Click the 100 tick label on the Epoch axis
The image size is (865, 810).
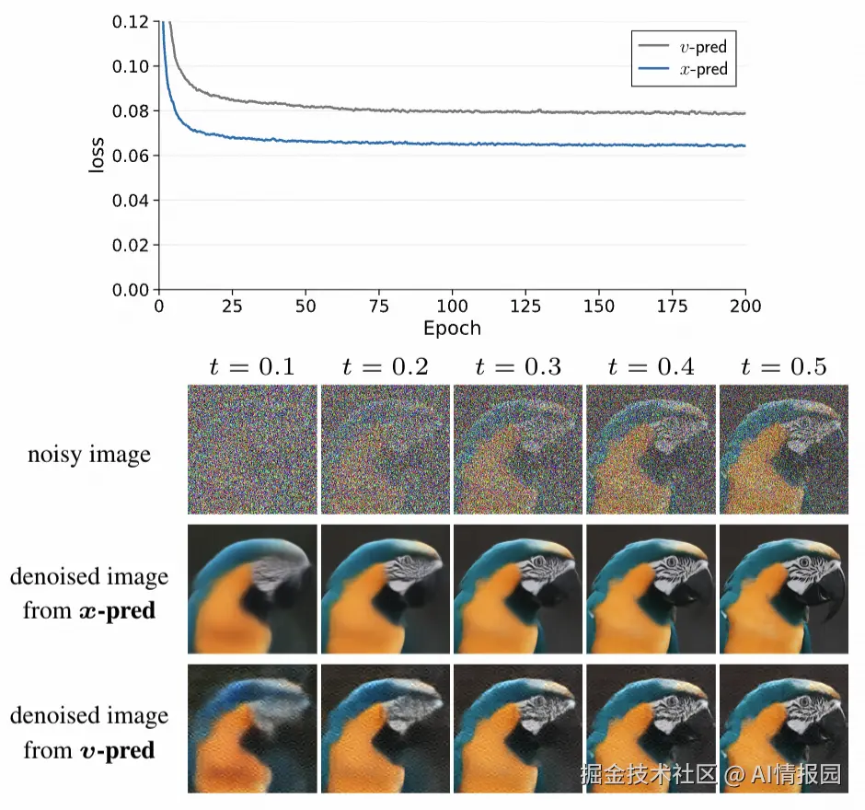pos(452,307)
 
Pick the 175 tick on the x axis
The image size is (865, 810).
pos(686,307)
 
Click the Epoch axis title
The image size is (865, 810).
pos(452,329)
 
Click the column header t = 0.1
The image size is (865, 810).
pos(252,366)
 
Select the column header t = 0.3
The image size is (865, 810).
pos(518,366)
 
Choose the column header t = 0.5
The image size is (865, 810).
pos(784,366)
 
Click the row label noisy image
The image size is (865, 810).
pos(89,454)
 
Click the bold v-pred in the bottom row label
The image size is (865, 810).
pos(116,750)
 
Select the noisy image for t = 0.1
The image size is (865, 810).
pos(252,450)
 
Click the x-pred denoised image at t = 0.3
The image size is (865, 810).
pos(518,589)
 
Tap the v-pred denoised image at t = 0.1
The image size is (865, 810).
pos(252,728)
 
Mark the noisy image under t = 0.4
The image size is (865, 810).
pos(651,450)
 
